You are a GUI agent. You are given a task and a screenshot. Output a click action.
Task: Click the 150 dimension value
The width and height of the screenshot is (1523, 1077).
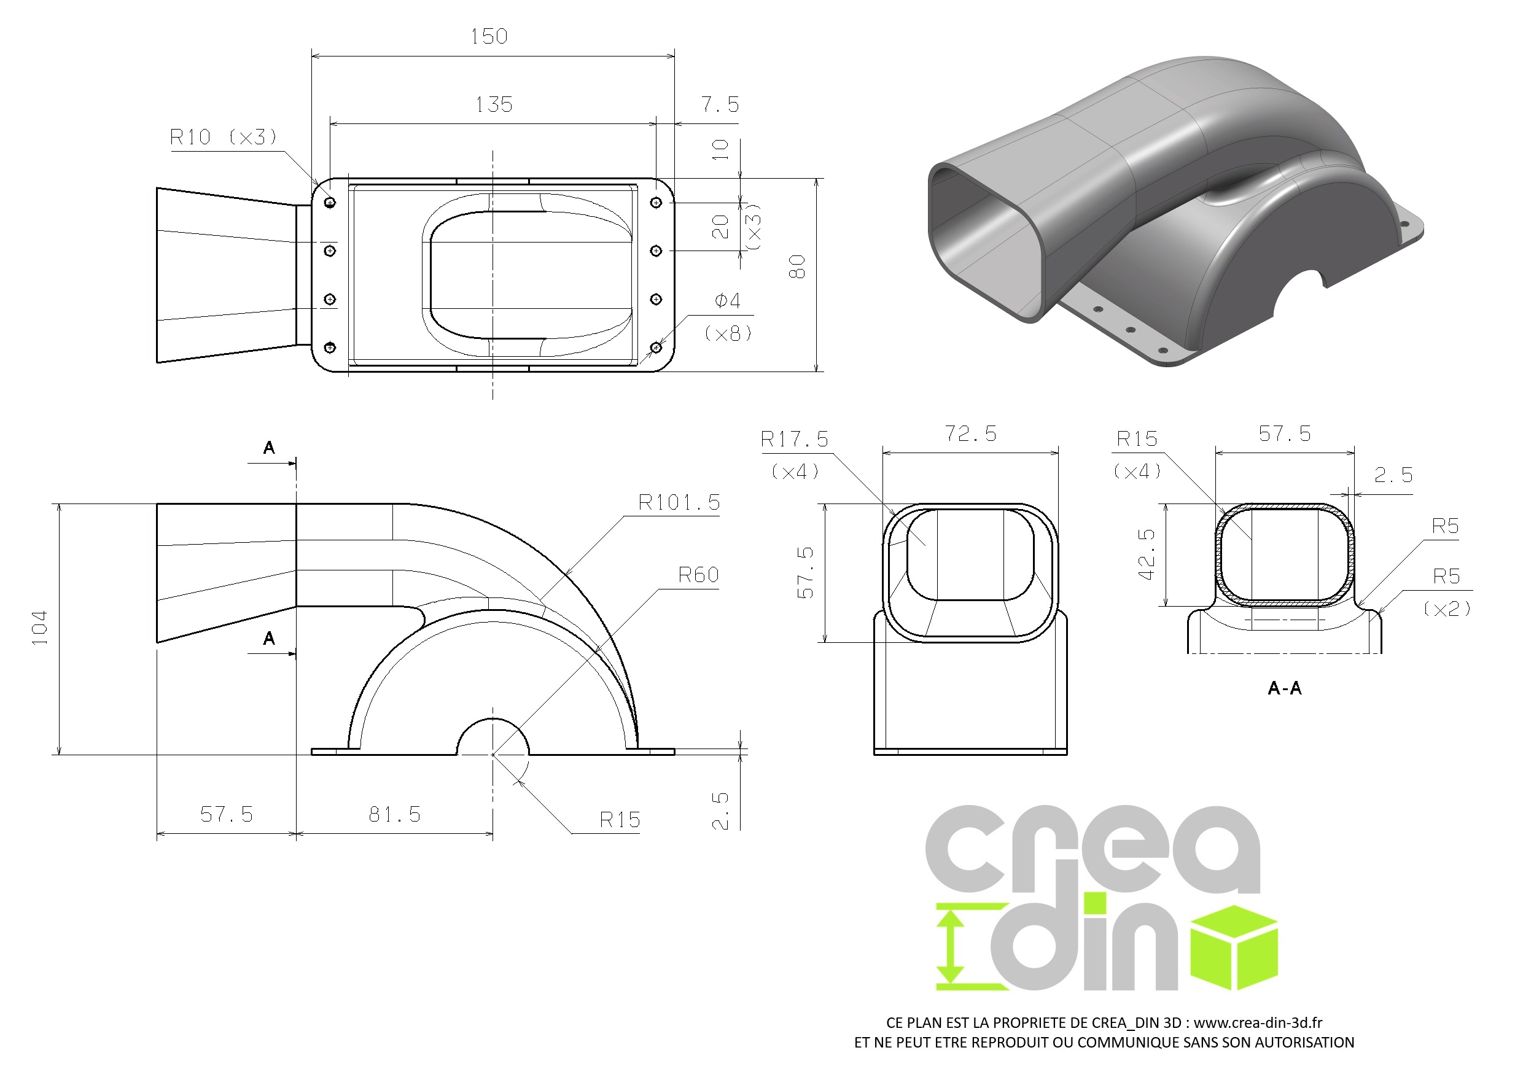[489, 36]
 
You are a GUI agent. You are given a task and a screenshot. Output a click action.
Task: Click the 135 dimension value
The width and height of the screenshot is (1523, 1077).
[494, 105]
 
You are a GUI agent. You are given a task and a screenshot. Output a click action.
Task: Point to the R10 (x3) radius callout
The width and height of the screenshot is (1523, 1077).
[223, 138]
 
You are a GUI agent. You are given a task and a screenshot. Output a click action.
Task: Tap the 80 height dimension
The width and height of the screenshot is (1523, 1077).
[797, 266]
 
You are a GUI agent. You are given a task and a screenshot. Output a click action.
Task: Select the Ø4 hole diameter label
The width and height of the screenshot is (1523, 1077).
[727, 301]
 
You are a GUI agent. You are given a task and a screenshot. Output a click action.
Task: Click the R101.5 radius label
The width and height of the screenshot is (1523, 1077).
[679, 503]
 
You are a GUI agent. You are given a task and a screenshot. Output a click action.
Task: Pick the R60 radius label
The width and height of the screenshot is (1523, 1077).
[698, 575]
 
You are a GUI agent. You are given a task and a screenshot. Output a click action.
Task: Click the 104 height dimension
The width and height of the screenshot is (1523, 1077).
[40, 628]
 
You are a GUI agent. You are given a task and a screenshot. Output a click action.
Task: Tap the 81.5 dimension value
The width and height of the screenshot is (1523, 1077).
[395, 814]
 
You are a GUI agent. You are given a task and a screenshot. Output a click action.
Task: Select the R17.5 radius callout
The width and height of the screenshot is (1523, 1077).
[795, 439]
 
